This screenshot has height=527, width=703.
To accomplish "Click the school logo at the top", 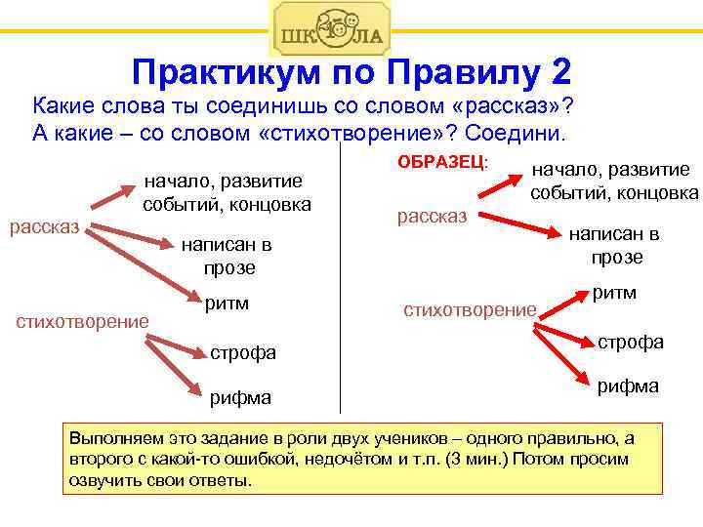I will click(330, 28).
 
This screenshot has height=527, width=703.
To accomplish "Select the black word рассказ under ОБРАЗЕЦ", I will click(433, 216).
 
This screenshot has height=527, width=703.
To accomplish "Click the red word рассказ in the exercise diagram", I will click(45, 227).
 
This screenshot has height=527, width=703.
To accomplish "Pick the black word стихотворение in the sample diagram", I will click(471, 309).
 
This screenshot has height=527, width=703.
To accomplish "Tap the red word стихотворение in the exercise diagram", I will click(81, 320).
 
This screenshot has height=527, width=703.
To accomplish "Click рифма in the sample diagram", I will click(628, 385).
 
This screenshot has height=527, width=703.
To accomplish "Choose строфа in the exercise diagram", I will click(243, 352).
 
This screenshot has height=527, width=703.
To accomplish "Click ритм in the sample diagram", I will click(615, 293).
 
